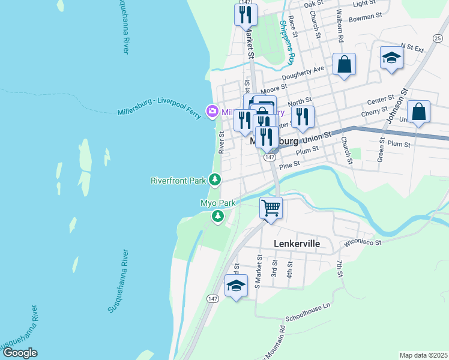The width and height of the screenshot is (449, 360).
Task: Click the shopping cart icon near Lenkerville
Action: tap(271, 208)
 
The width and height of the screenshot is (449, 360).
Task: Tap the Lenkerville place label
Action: tap(297, 244)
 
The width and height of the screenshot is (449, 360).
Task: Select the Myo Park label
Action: tap(218, 203)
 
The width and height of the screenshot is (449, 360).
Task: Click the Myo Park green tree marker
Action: tap(218, 216)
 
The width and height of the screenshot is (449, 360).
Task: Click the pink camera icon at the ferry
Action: tap(212, 111)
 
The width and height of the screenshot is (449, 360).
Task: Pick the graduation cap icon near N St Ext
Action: tap(391, 57)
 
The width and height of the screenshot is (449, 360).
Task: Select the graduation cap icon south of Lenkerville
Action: tap(237, 286)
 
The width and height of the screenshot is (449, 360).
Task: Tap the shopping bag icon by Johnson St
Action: tap(418, 112)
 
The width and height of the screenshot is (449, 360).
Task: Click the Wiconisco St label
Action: tap(362, 242)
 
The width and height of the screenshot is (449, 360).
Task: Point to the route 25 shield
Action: tap(436, 38)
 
